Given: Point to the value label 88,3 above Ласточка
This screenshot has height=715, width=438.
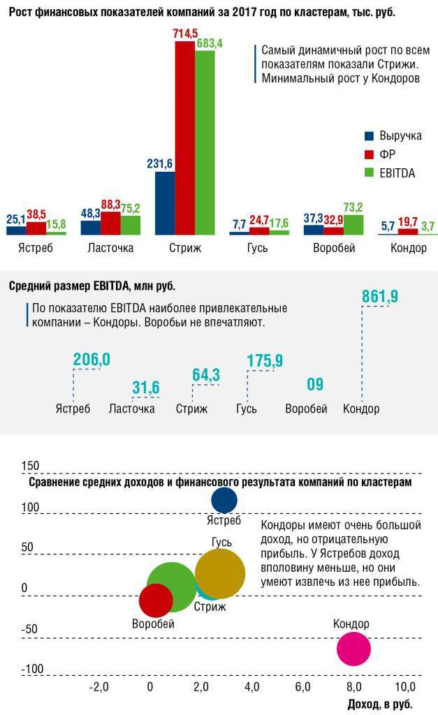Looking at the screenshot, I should pos(111,204).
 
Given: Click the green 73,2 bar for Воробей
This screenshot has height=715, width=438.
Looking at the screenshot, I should pos(353,224).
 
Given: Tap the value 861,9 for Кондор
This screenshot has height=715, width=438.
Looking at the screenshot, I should pos(379,297).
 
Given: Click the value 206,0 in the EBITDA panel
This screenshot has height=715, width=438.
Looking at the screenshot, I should pos(92,360).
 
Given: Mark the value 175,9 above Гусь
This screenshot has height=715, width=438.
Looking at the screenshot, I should pos(265,360).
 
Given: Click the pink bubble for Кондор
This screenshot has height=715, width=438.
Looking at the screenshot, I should pos(353,647).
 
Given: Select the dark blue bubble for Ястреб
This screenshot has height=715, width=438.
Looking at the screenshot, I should pos(224,500).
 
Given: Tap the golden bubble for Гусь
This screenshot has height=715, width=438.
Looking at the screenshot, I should pos(220,573).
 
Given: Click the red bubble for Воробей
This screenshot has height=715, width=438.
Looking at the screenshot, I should pos(156,599).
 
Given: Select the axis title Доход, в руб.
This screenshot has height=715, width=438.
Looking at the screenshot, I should pos(379,703).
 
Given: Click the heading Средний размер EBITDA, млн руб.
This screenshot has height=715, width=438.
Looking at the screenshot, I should pos(92,286).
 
